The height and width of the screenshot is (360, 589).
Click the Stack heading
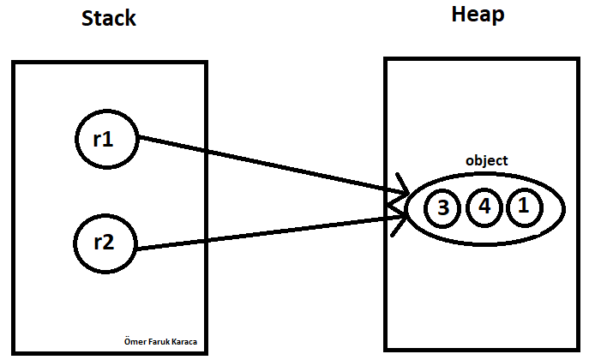point(108,18)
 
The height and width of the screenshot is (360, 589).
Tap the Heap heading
point(477,15)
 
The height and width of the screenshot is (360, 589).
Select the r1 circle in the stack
point(103,139)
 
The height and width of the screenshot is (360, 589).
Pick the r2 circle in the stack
point(103,241)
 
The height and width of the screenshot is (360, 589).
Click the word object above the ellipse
point(486,160)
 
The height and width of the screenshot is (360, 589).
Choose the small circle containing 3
point(443,207)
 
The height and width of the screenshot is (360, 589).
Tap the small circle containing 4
point(484,207)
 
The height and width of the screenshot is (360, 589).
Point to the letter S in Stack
point(87,18)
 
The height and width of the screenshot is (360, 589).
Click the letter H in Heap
point(459,15)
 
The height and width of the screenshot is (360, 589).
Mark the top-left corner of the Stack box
point(14,63)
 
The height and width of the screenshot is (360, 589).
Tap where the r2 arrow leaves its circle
point(137,249)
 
